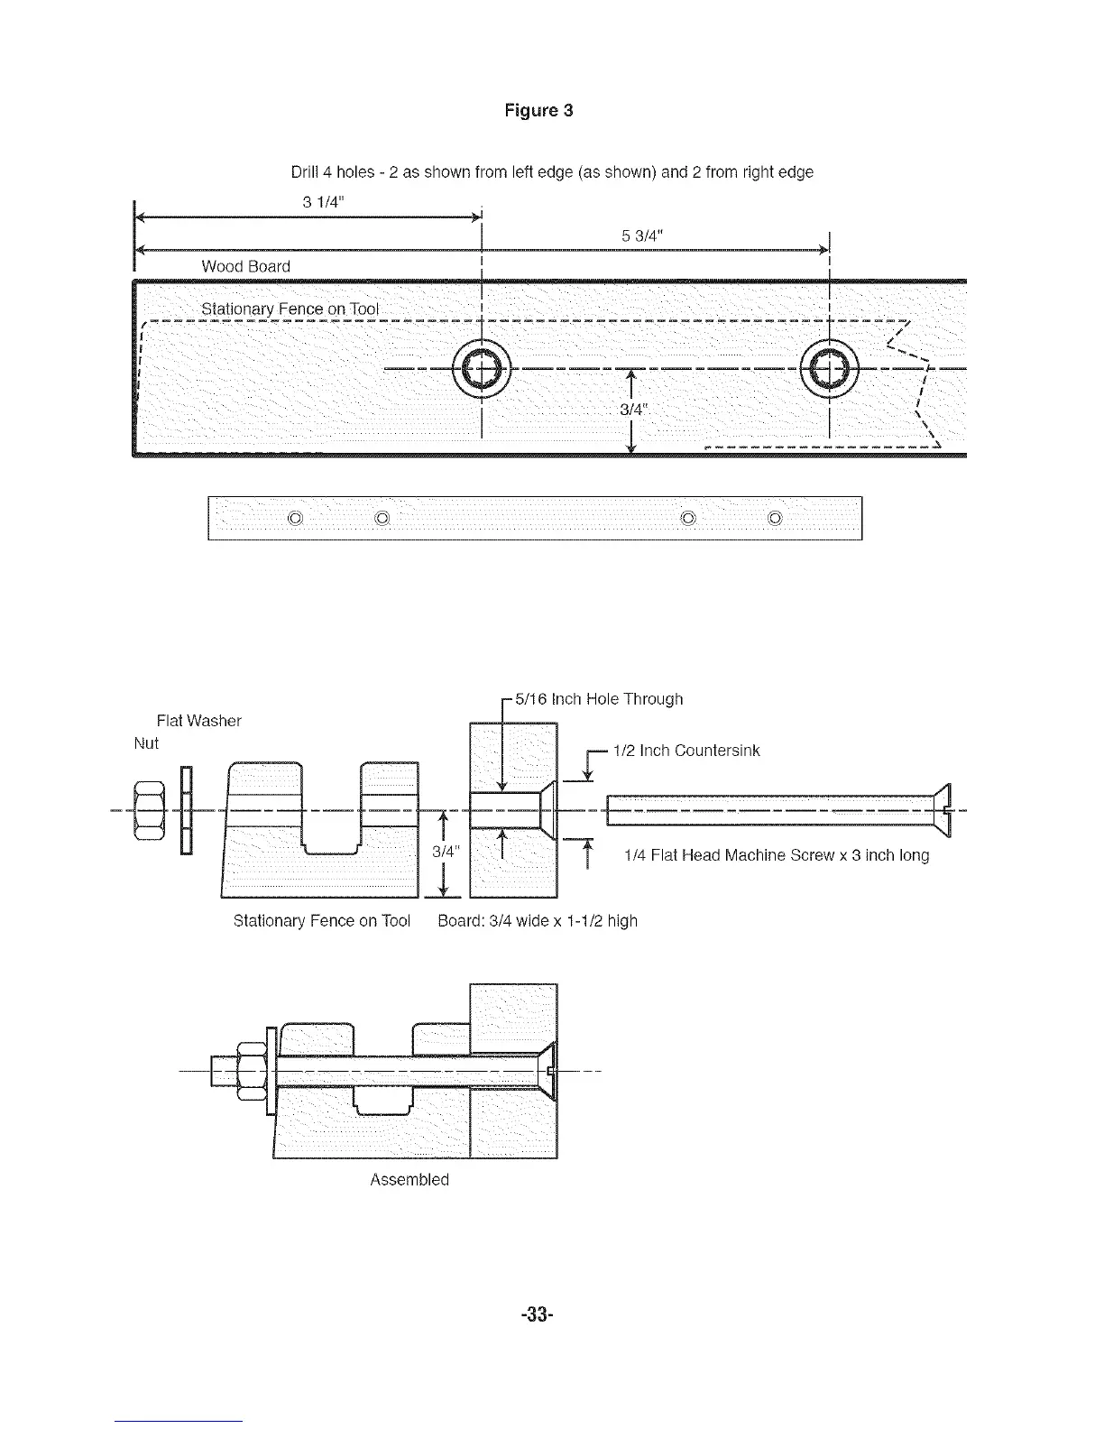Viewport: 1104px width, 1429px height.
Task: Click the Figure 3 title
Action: coord(538,111)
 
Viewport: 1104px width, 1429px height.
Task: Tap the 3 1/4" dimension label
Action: coord(320,202)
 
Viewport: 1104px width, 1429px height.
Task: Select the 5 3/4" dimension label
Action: coord(643,236)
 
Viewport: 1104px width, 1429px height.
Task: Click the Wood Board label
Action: coord(245,266)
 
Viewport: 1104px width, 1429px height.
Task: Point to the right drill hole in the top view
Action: coord(829,367)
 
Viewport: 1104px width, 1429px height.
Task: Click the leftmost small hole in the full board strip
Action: coord(294,518)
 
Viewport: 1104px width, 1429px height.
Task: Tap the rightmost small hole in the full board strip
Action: coord(776,518)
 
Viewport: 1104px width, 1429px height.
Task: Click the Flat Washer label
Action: coord(198,721)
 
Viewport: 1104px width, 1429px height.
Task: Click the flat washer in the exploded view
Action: coord(186,809)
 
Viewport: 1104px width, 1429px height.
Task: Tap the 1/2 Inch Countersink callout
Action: coord(686,751)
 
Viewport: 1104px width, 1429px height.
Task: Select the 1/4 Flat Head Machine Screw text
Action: coord(777,855)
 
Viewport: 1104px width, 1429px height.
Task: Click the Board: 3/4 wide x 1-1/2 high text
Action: coord(538,921)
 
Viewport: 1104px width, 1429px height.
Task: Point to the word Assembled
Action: coord(409,1180)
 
